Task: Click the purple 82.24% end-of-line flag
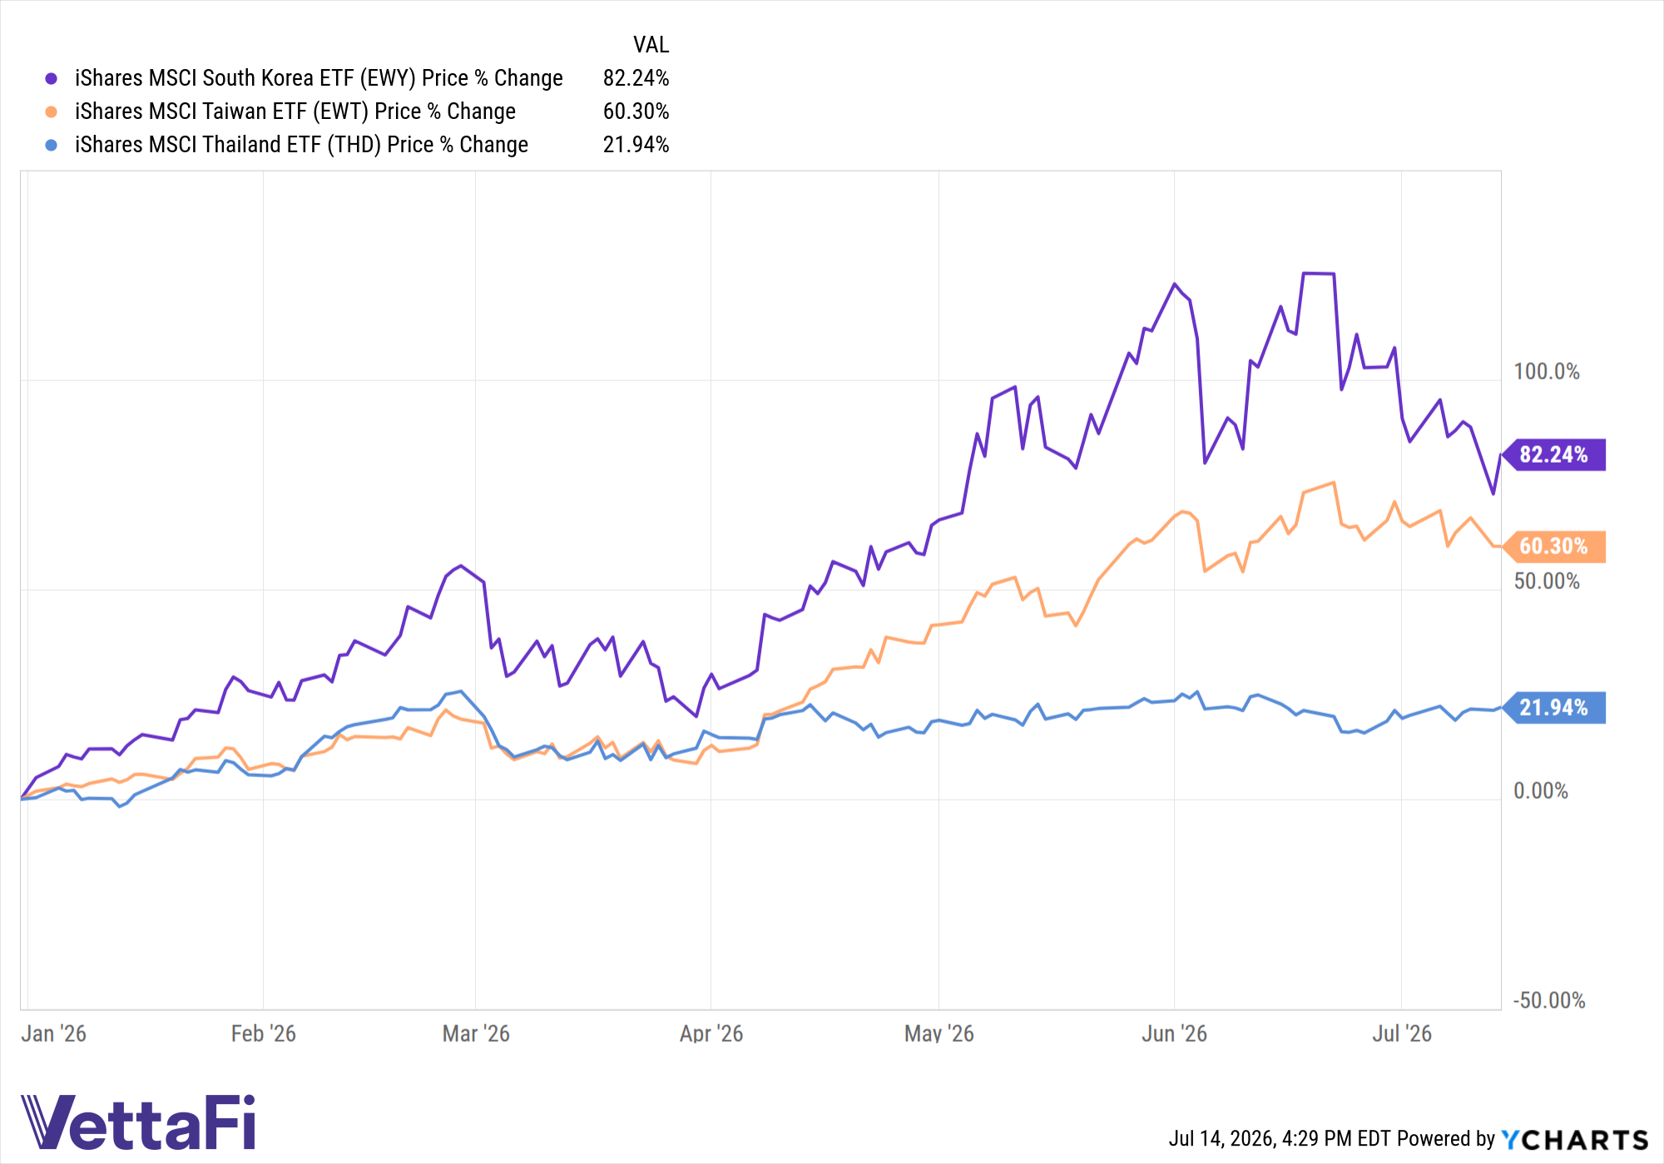[x=1555, y=454]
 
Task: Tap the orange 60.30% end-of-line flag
[x=1555, y=547]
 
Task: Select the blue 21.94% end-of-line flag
[x=1555, y=708]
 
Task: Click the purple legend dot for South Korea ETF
[x=52, y=78]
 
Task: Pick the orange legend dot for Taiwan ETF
[x=52, y=111]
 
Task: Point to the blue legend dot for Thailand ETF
[x=52, y=145]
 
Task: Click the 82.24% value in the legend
[x=636, y=78]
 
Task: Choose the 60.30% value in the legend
[x=636, y=111]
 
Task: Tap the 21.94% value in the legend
[x=636, y=145]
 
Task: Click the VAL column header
[x=651, y=45]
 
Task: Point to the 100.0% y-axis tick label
[x=1547, y=371]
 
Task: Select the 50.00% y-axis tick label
[x=1547, y=581]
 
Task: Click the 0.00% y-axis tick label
[x=1541, y=790]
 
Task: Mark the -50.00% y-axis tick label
[x=1549, y=1000]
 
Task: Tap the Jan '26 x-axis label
[x=53, y=1033]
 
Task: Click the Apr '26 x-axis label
[x=711, y=1033]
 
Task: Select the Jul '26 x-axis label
[x=1402, y=1033]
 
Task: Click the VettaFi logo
[x=138, y=1122]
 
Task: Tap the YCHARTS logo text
[x=1575, y=1139]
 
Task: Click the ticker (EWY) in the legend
[x=388, y=78]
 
